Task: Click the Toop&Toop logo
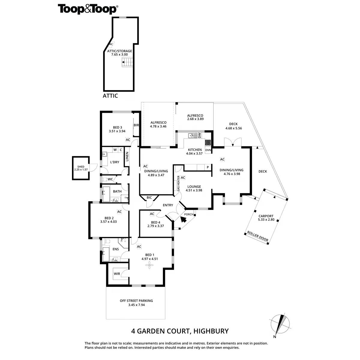[x=87, y=9]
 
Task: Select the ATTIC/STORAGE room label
[x=119, y=51]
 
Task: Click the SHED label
[x=81, y=166]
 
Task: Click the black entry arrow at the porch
[x=183, y=219]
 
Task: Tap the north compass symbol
[x=281, y=325]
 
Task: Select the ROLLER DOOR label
[x=257, y=236]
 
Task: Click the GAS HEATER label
[x=178, y=184]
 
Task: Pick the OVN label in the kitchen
[x=208, y=150]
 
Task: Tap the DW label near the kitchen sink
[x=199, y=135]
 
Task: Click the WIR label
[x=117, y=274]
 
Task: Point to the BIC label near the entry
[x=149, y=198]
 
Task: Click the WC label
[x=110, y=179]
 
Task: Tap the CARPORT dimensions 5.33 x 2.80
[x=266, y=220]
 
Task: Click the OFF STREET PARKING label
[x=136, y=301]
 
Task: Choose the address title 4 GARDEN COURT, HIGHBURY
[x=180, y=331]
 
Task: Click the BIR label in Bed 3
[x=136, y=125]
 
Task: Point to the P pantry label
[x=207, y=167]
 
